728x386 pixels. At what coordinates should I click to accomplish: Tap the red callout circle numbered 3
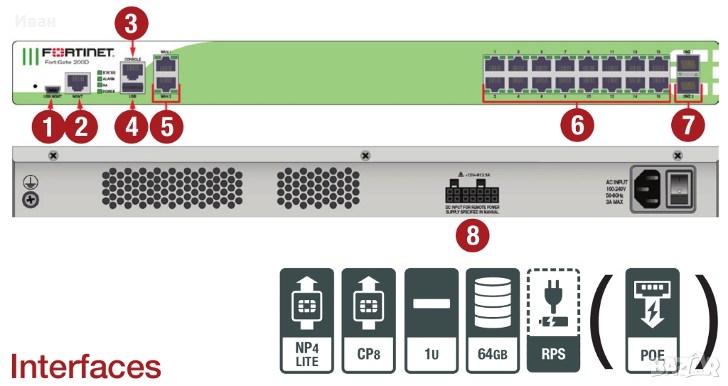pyautogui.click(x=131, y=23)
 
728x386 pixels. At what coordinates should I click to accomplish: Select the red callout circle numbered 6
pyautogui.click(x=577, y=124)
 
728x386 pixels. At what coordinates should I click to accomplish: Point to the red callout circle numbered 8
pyautogui.click(x=472, y=235)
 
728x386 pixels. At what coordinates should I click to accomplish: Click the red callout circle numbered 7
pyautogui.click(x=687, y=125)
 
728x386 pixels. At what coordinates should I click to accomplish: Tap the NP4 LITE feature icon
pyautogui.click(x=306, y=320)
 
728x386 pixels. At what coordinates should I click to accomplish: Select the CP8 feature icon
pyautogui.click(x=368, y=320)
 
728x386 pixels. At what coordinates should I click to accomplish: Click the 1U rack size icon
pyautogui.click(x=431, y=320)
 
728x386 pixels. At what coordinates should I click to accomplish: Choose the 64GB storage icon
pyautogui.click(x=492, y=320)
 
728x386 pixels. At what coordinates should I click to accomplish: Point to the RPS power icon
pyautogui.click(x=553, y=320)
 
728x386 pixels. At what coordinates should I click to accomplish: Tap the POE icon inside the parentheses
pyautogui.click(x=652, y=320)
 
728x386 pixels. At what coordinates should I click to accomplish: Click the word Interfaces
pyautogui.click(x=85, y=366)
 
